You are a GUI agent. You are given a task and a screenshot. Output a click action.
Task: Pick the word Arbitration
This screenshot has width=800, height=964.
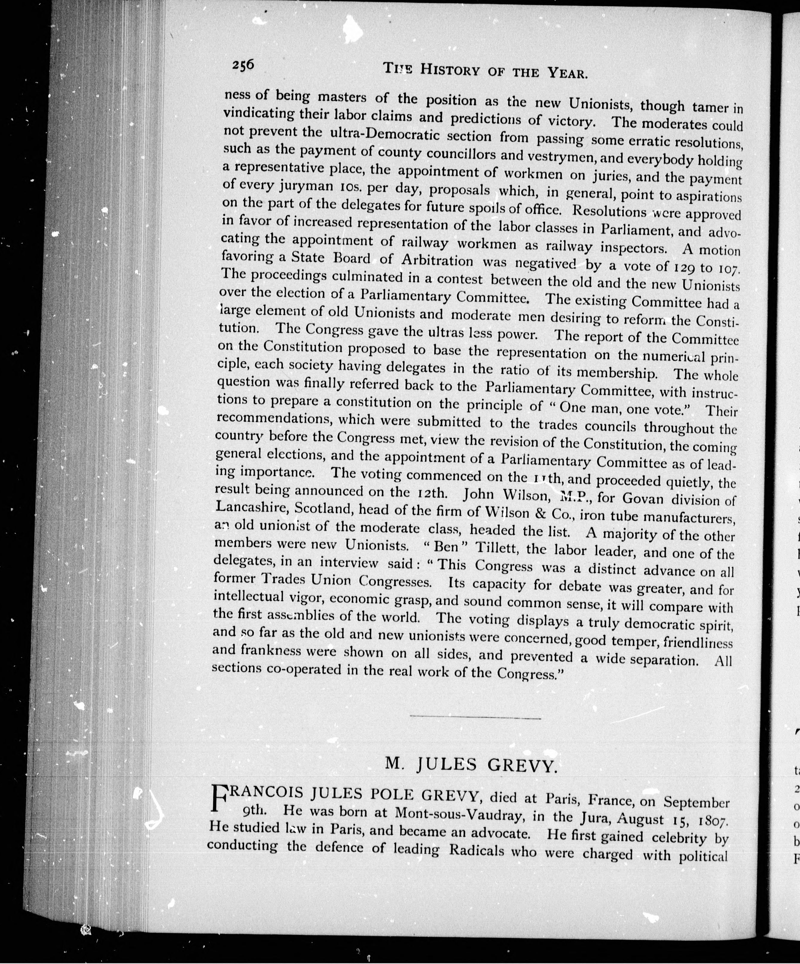pyautogui.click(x=437, y=260)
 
